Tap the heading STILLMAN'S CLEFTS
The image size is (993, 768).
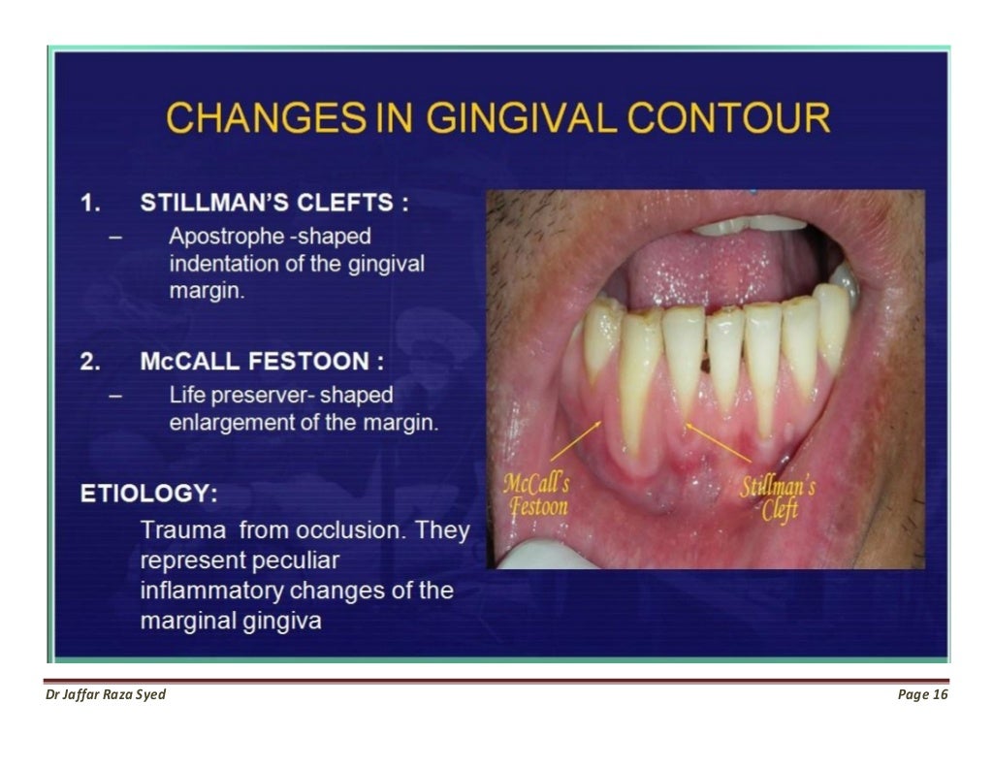(274, 204)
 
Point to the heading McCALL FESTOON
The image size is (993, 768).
(262, 363)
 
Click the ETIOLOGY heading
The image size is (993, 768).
(148, 494)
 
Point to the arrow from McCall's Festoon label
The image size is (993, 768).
(575, 441)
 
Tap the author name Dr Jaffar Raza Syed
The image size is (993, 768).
(106, 694)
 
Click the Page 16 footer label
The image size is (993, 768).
(922, 694)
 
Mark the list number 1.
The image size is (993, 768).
(90, 204)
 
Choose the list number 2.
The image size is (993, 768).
(90, 363)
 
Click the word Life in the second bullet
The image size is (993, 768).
(187, 396)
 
